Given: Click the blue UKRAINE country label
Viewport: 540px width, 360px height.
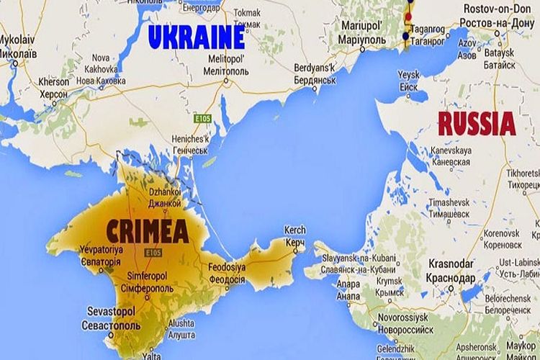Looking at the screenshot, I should click(196, 37).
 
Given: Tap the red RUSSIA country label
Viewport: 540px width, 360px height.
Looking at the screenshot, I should click(477, 124).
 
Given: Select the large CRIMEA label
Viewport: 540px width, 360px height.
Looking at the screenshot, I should click(147, 230).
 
